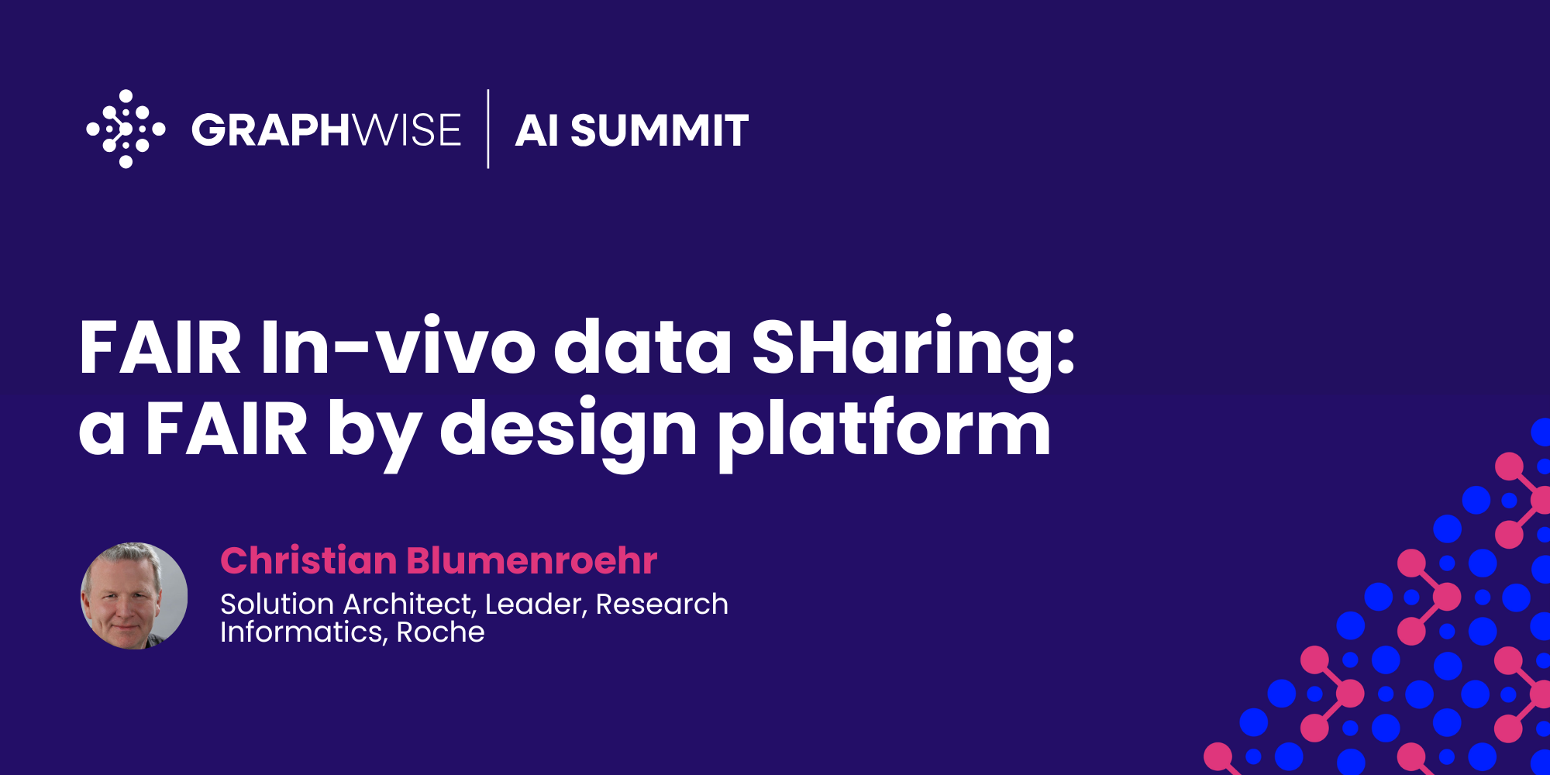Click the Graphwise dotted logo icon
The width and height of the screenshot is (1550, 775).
point(126,129)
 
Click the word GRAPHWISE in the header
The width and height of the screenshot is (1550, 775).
point(326,129)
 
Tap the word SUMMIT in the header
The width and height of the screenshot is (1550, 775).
point(660,130)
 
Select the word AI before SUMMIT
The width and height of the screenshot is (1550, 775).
point(536,130)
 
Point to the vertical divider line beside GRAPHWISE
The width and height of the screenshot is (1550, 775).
point(488,129)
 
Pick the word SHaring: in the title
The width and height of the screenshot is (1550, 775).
point(913,347)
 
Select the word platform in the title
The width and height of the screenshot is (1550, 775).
point(883,430)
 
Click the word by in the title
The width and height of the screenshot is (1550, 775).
point(374,430)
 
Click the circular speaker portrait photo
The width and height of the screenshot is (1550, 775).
point(134,596)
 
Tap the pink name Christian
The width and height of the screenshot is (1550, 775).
point(308,560)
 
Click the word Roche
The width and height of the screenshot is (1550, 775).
point(440,632)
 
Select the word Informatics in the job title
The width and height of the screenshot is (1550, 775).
point(302,632)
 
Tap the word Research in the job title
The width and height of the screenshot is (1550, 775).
point(662,604)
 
